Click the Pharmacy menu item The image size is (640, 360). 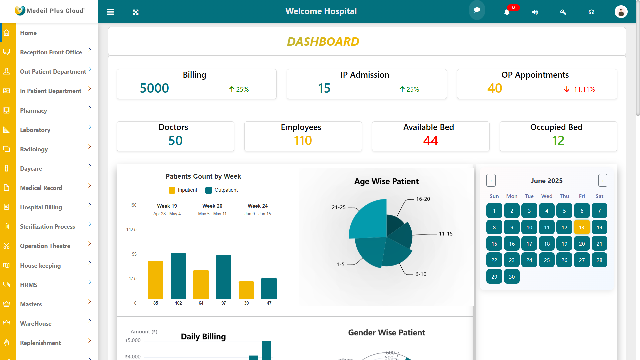[x=33, y=111]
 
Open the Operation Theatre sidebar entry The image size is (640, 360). [x=45, y=246]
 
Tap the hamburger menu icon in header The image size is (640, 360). [x=110, y=12]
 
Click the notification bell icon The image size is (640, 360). [x=507, y=12]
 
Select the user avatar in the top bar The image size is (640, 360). [x=621, y=12]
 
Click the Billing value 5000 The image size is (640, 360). [x=154, y=88]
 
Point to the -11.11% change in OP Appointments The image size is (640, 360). [x=583, y=89]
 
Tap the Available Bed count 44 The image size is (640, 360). [x=431, y=141]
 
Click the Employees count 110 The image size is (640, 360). [x=303, y=141]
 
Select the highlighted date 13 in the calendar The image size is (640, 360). [x=582, y=227]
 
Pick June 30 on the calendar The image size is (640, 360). [x=512, y=277]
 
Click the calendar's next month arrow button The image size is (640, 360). [x=603, y=181]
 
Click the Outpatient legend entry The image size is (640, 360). [x=226, y=190]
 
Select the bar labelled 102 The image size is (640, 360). [x=178, y=276]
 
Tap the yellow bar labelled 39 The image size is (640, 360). [x=246, y=290]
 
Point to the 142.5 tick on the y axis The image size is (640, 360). [x=131, y=230]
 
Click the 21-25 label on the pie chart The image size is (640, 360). [x=339, y=207]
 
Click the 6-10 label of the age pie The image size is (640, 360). [x=421, y=274]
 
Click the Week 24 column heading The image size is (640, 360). [x=258, y=206]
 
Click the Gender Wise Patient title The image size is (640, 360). [x=386, y=333]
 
